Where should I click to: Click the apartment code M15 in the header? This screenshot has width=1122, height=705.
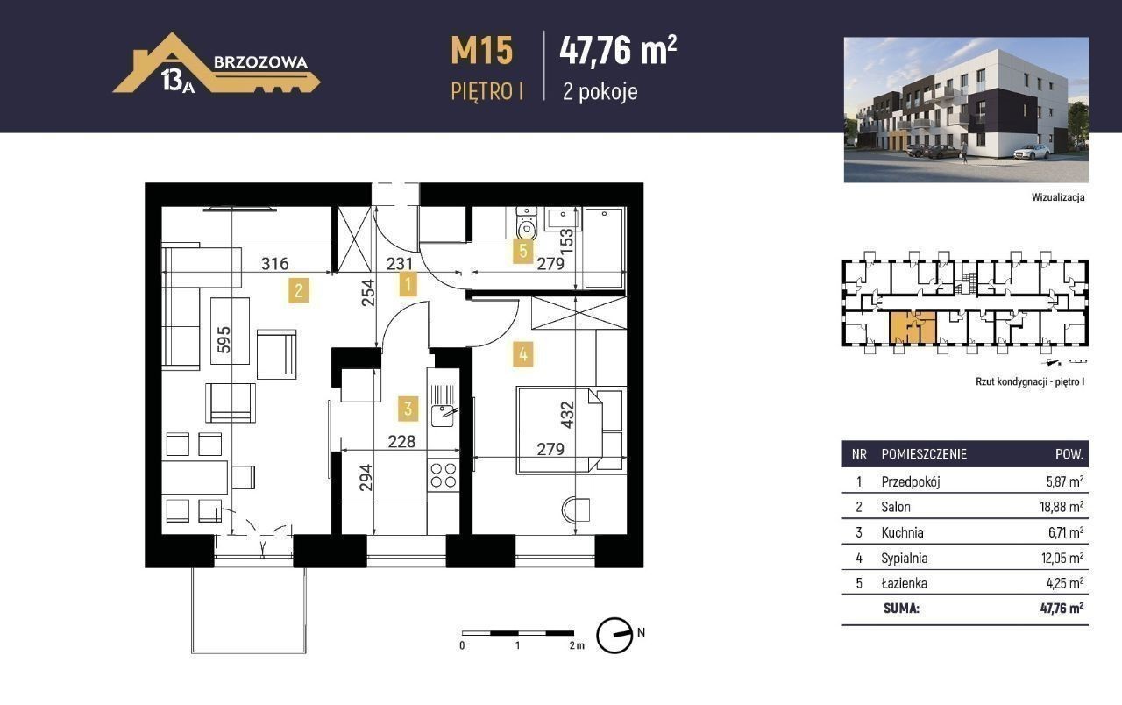coord(482,50)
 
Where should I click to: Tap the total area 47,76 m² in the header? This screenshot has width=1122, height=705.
coord(618,50)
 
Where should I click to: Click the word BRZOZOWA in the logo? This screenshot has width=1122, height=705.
coord(260,61)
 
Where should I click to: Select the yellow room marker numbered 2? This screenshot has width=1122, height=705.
coord(299,290)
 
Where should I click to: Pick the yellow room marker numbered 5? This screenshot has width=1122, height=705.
coord(523,251)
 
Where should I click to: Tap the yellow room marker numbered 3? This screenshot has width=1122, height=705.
coord(408,408)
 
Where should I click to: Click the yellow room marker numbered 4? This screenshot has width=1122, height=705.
coord(523,355)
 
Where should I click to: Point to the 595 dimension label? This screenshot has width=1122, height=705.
coord(224,339)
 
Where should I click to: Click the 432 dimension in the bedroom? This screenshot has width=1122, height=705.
coord(567,415)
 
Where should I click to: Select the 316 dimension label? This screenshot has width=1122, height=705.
coord(275,264)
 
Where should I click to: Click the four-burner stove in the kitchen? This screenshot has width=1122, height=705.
coord(444,475)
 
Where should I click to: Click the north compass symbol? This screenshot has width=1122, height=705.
coord(614,635)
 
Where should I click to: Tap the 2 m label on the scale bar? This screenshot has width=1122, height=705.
coord(577,645)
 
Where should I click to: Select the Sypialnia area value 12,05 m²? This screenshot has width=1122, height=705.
coord(1062,558)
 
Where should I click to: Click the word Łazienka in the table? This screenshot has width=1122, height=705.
coord(904,583)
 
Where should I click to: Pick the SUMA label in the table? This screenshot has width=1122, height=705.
coord(902,609)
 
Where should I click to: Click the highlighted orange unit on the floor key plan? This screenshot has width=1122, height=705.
coord(913,328)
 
